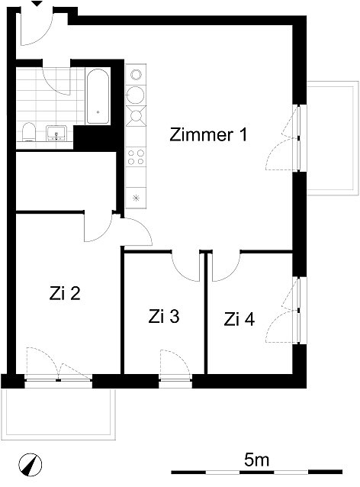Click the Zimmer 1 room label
(x=208, y=135)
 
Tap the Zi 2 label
(x=65, y=293)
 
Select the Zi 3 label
(x=163, y=317)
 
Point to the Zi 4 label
(x=239, y=319)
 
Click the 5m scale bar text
(x=256, y=460)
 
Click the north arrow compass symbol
(x=30, y=465)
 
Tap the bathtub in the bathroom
(x=98, y=96)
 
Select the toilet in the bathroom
(x=29, y=132)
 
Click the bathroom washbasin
(x=56, y=133)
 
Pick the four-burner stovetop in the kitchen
(x=136, y=157)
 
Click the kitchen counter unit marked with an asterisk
(x=136, y=198)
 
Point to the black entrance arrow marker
(x=37, y=3)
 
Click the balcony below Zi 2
(x=59, y=414)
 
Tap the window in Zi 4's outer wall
(x=300, y=310)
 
